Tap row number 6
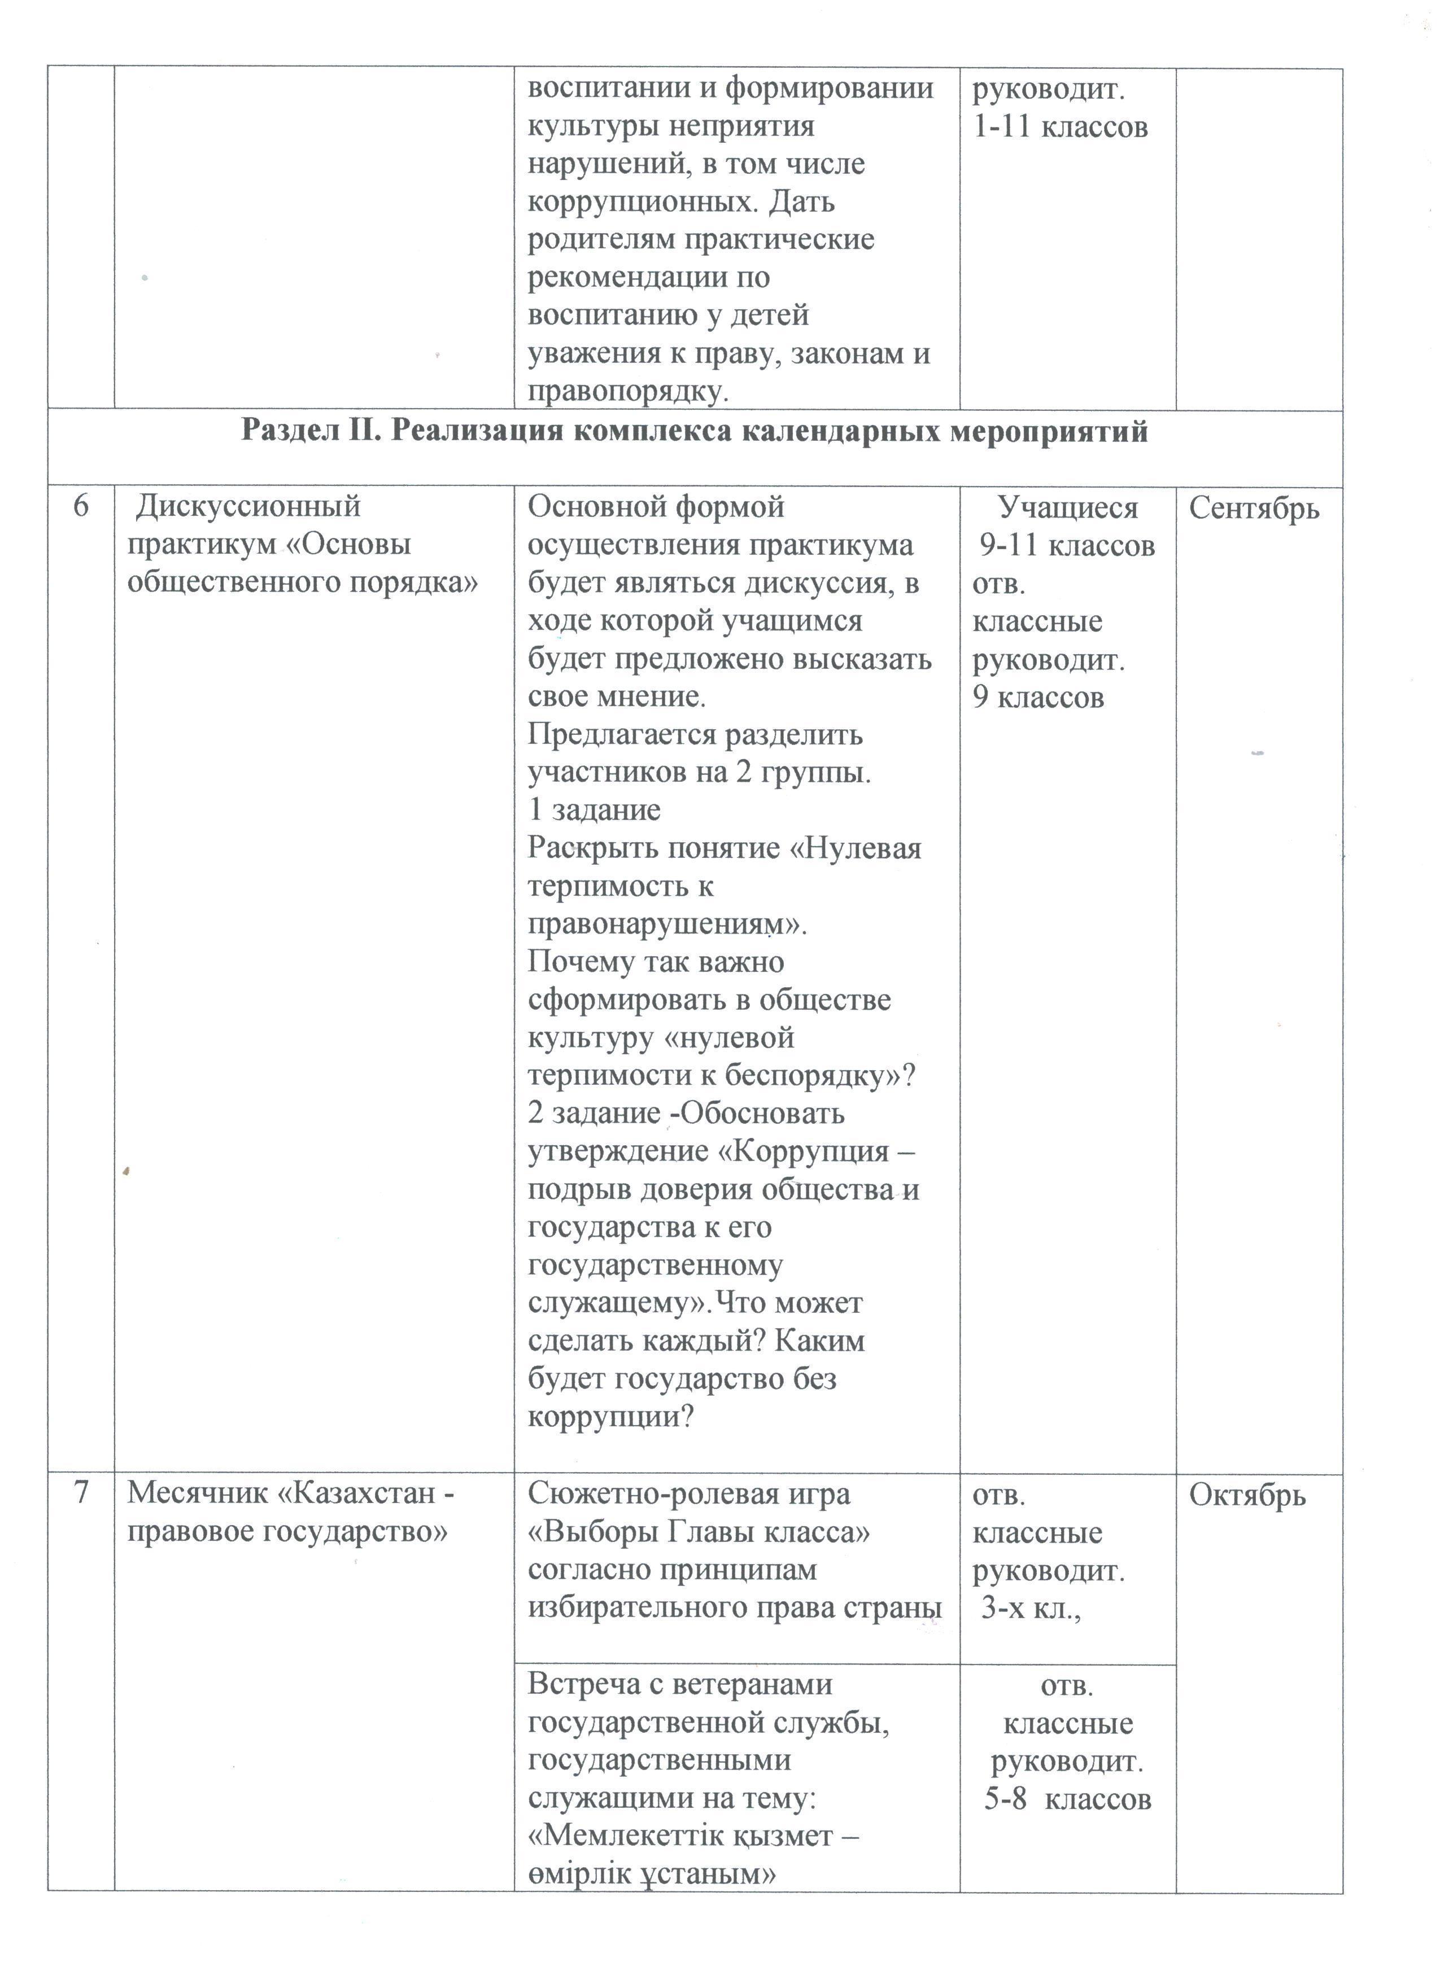point(80,506)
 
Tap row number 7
point(80,1493)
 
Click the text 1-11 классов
point(1060,128)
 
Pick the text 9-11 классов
point(1067,546)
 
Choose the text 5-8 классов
point(1067,1799)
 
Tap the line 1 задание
point(594,810)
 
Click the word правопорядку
point(627,392)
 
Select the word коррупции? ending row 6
point(609,1417)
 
